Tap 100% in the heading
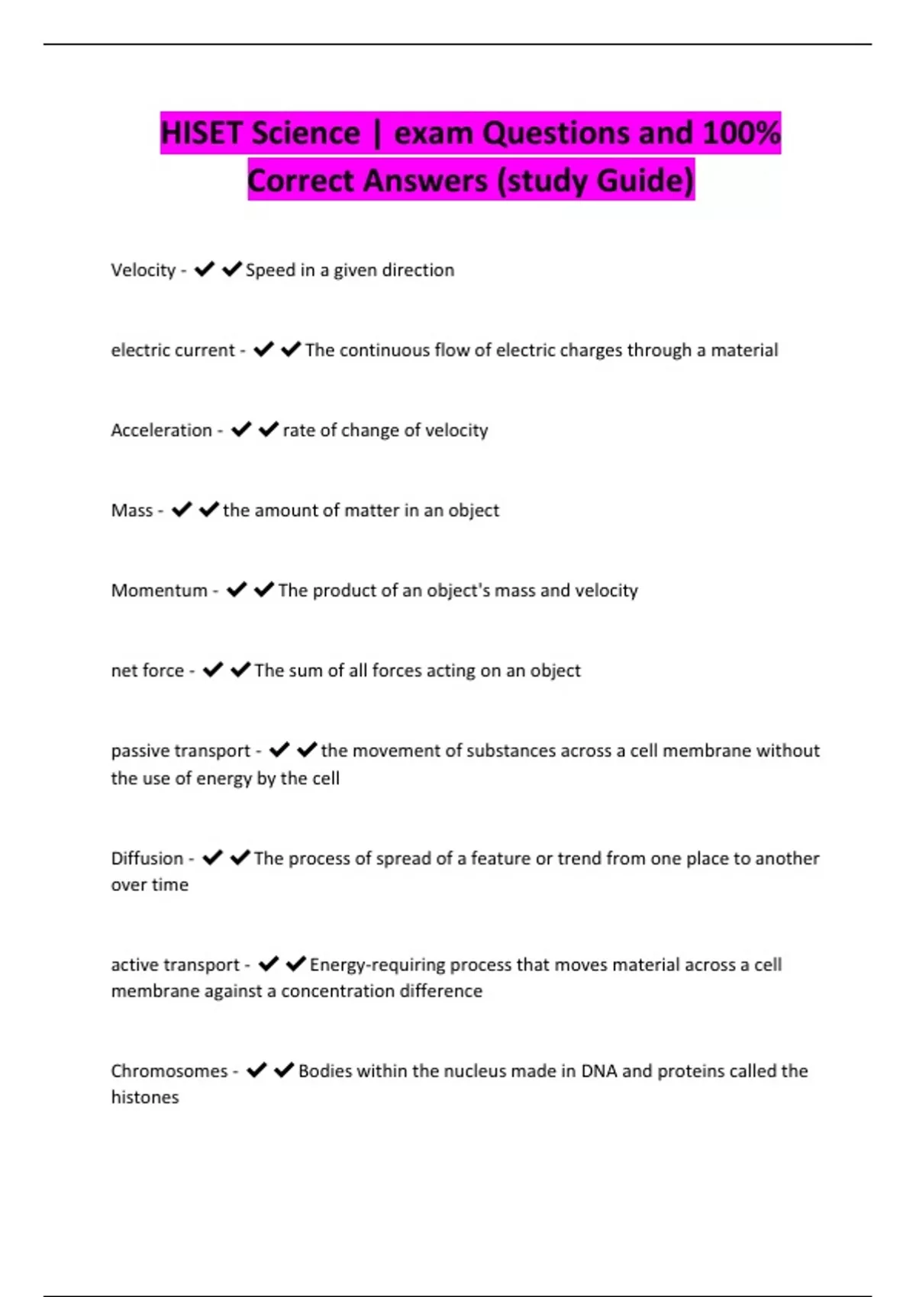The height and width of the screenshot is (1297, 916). tap(740, 134)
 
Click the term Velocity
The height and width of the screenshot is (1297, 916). tap(144, 270)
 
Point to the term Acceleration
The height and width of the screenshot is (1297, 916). tap(161, 430)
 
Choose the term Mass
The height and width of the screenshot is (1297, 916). tap(132, 510)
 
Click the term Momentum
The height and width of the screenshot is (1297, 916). tap(159, 591)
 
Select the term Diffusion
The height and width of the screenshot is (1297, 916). tap(147, 858)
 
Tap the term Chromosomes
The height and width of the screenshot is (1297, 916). tap(169, 1071)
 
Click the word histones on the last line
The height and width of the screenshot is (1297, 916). tap(145, 1098)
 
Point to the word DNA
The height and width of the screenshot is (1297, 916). tap(598, 1071)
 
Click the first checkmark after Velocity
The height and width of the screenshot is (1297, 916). tap(204, 269)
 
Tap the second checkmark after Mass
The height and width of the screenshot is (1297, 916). tap(208, 510)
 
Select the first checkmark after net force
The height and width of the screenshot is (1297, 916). tap(213, 670)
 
